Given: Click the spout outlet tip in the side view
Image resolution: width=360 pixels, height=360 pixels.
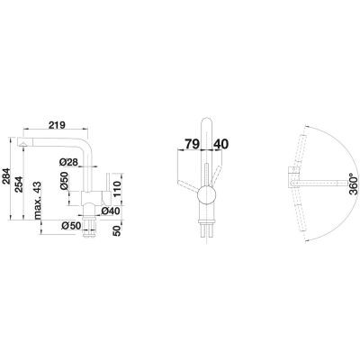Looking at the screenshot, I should [x=22, y=143].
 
